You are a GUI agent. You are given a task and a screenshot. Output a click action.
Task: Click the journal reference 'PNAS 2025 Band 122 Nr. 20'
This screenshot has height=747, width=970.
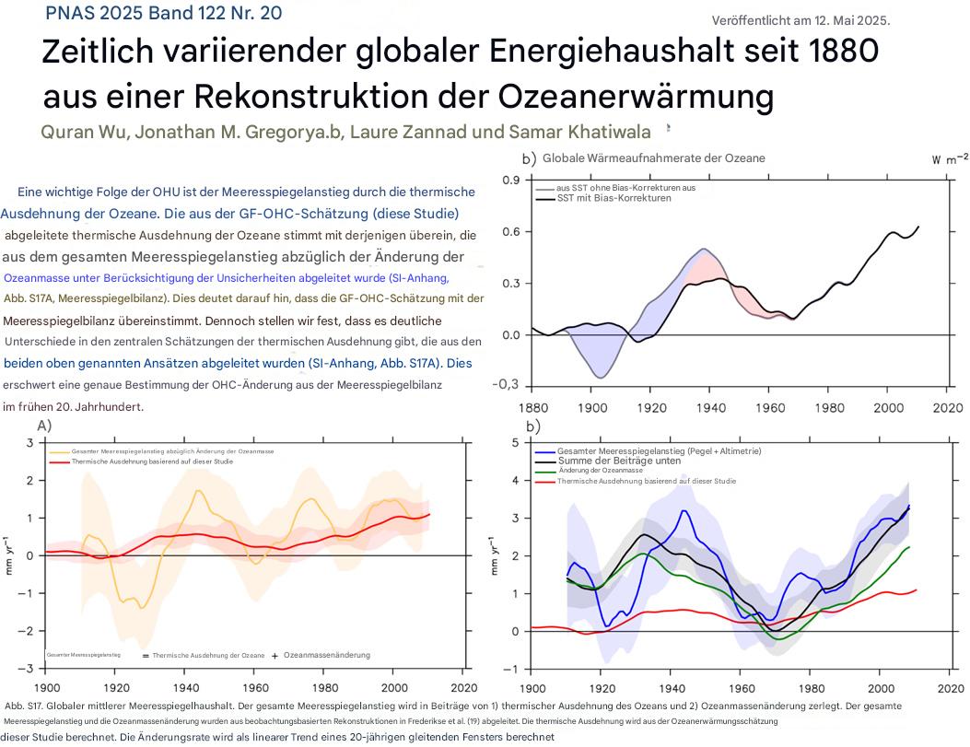(163, 13)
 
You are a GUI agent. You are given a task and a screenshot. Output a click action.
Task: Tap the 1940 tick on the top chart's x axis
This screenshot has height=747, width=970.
(706, 406)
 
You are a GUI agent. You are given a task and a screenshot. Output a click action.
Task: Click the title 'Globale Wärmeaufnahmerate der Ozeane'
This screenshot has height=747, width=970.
(653, 158)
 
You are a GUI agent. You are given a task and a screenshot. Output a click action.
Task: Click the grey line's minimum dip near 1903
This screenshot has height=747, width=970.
(600, 378)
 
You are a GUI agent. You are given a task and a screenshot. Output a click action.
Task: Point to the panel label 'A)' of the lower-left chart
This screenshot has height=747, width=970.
(44, 426)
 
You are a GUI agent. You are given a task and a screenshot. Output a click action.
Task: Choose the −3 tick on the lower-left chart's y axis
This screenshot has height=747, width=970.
(29, 668)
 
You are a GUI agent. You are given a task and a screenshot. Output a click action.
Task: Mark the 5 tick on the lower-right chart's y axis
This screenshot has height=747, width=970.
(517, 443)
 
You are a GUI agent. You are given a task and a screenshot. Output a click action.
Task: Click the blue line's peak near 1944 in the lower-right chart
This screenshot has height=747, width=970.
(684, 509)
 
